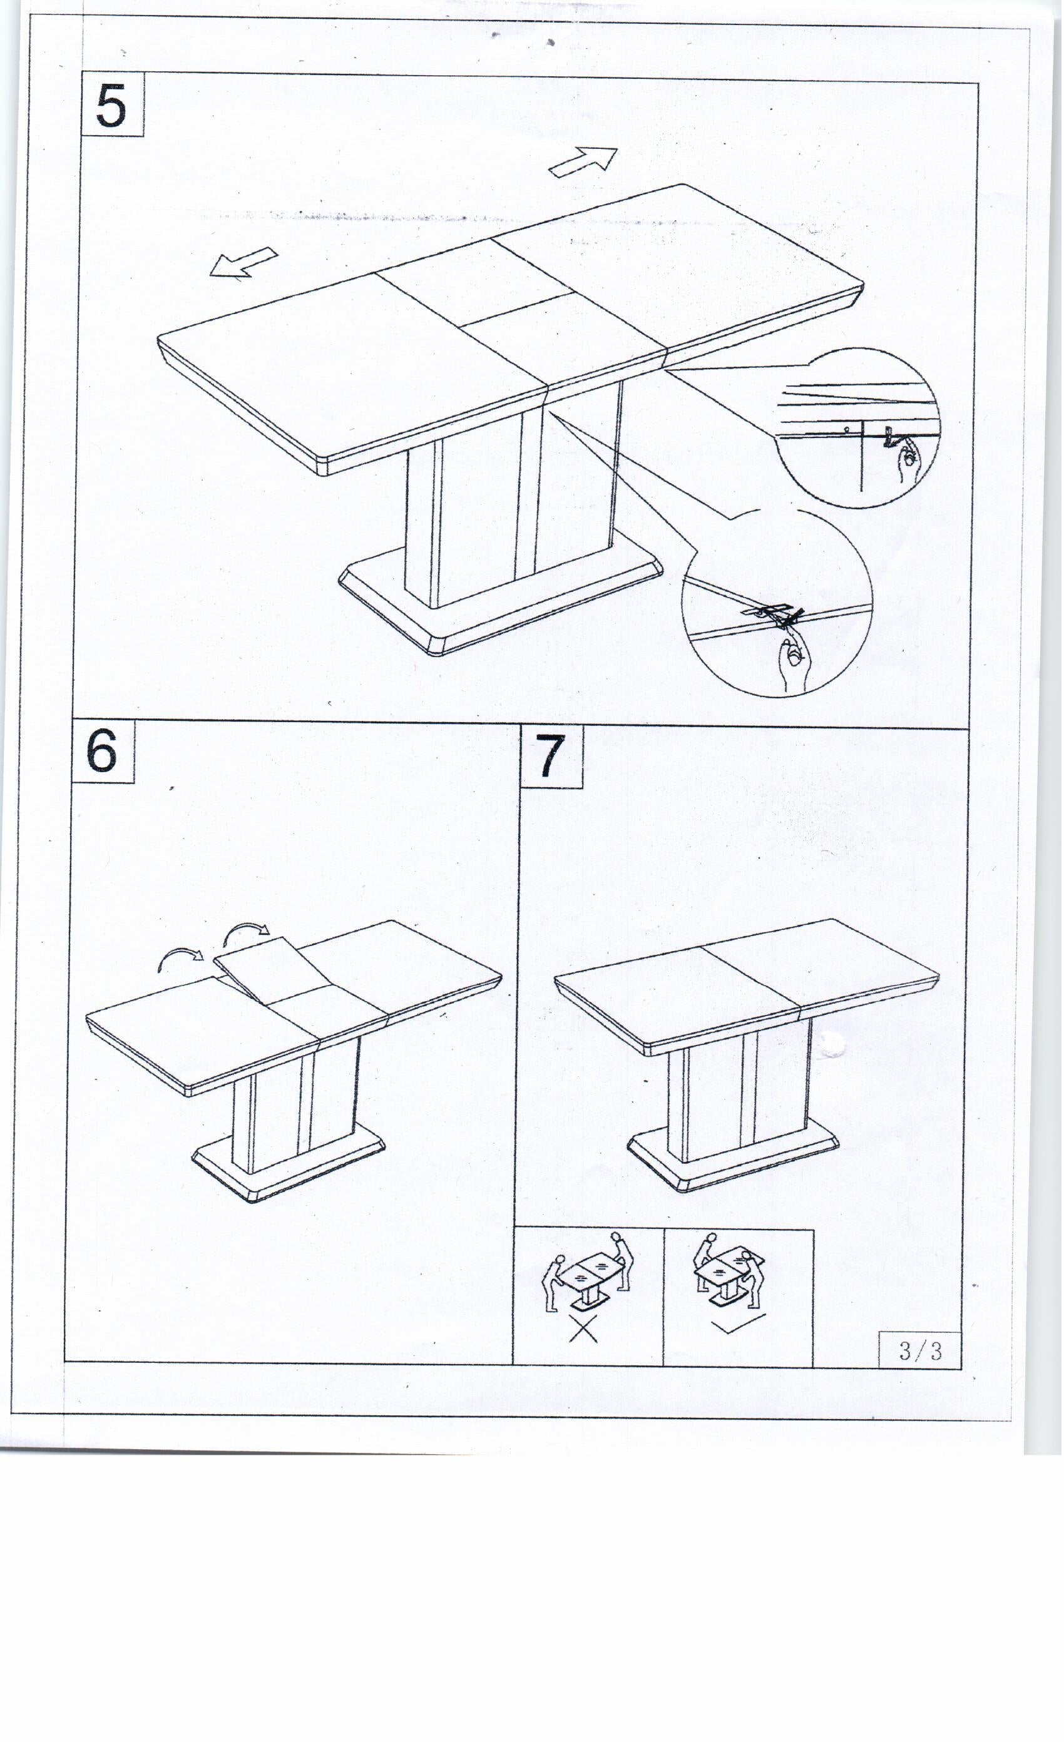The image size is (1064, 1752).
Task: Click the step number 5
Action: tap(111, 106)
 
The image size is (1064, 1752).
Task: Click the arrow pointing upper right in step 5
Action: tap(583, 161)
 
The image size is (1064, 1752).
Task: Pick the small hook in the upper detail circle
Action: tap(891, 437)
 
